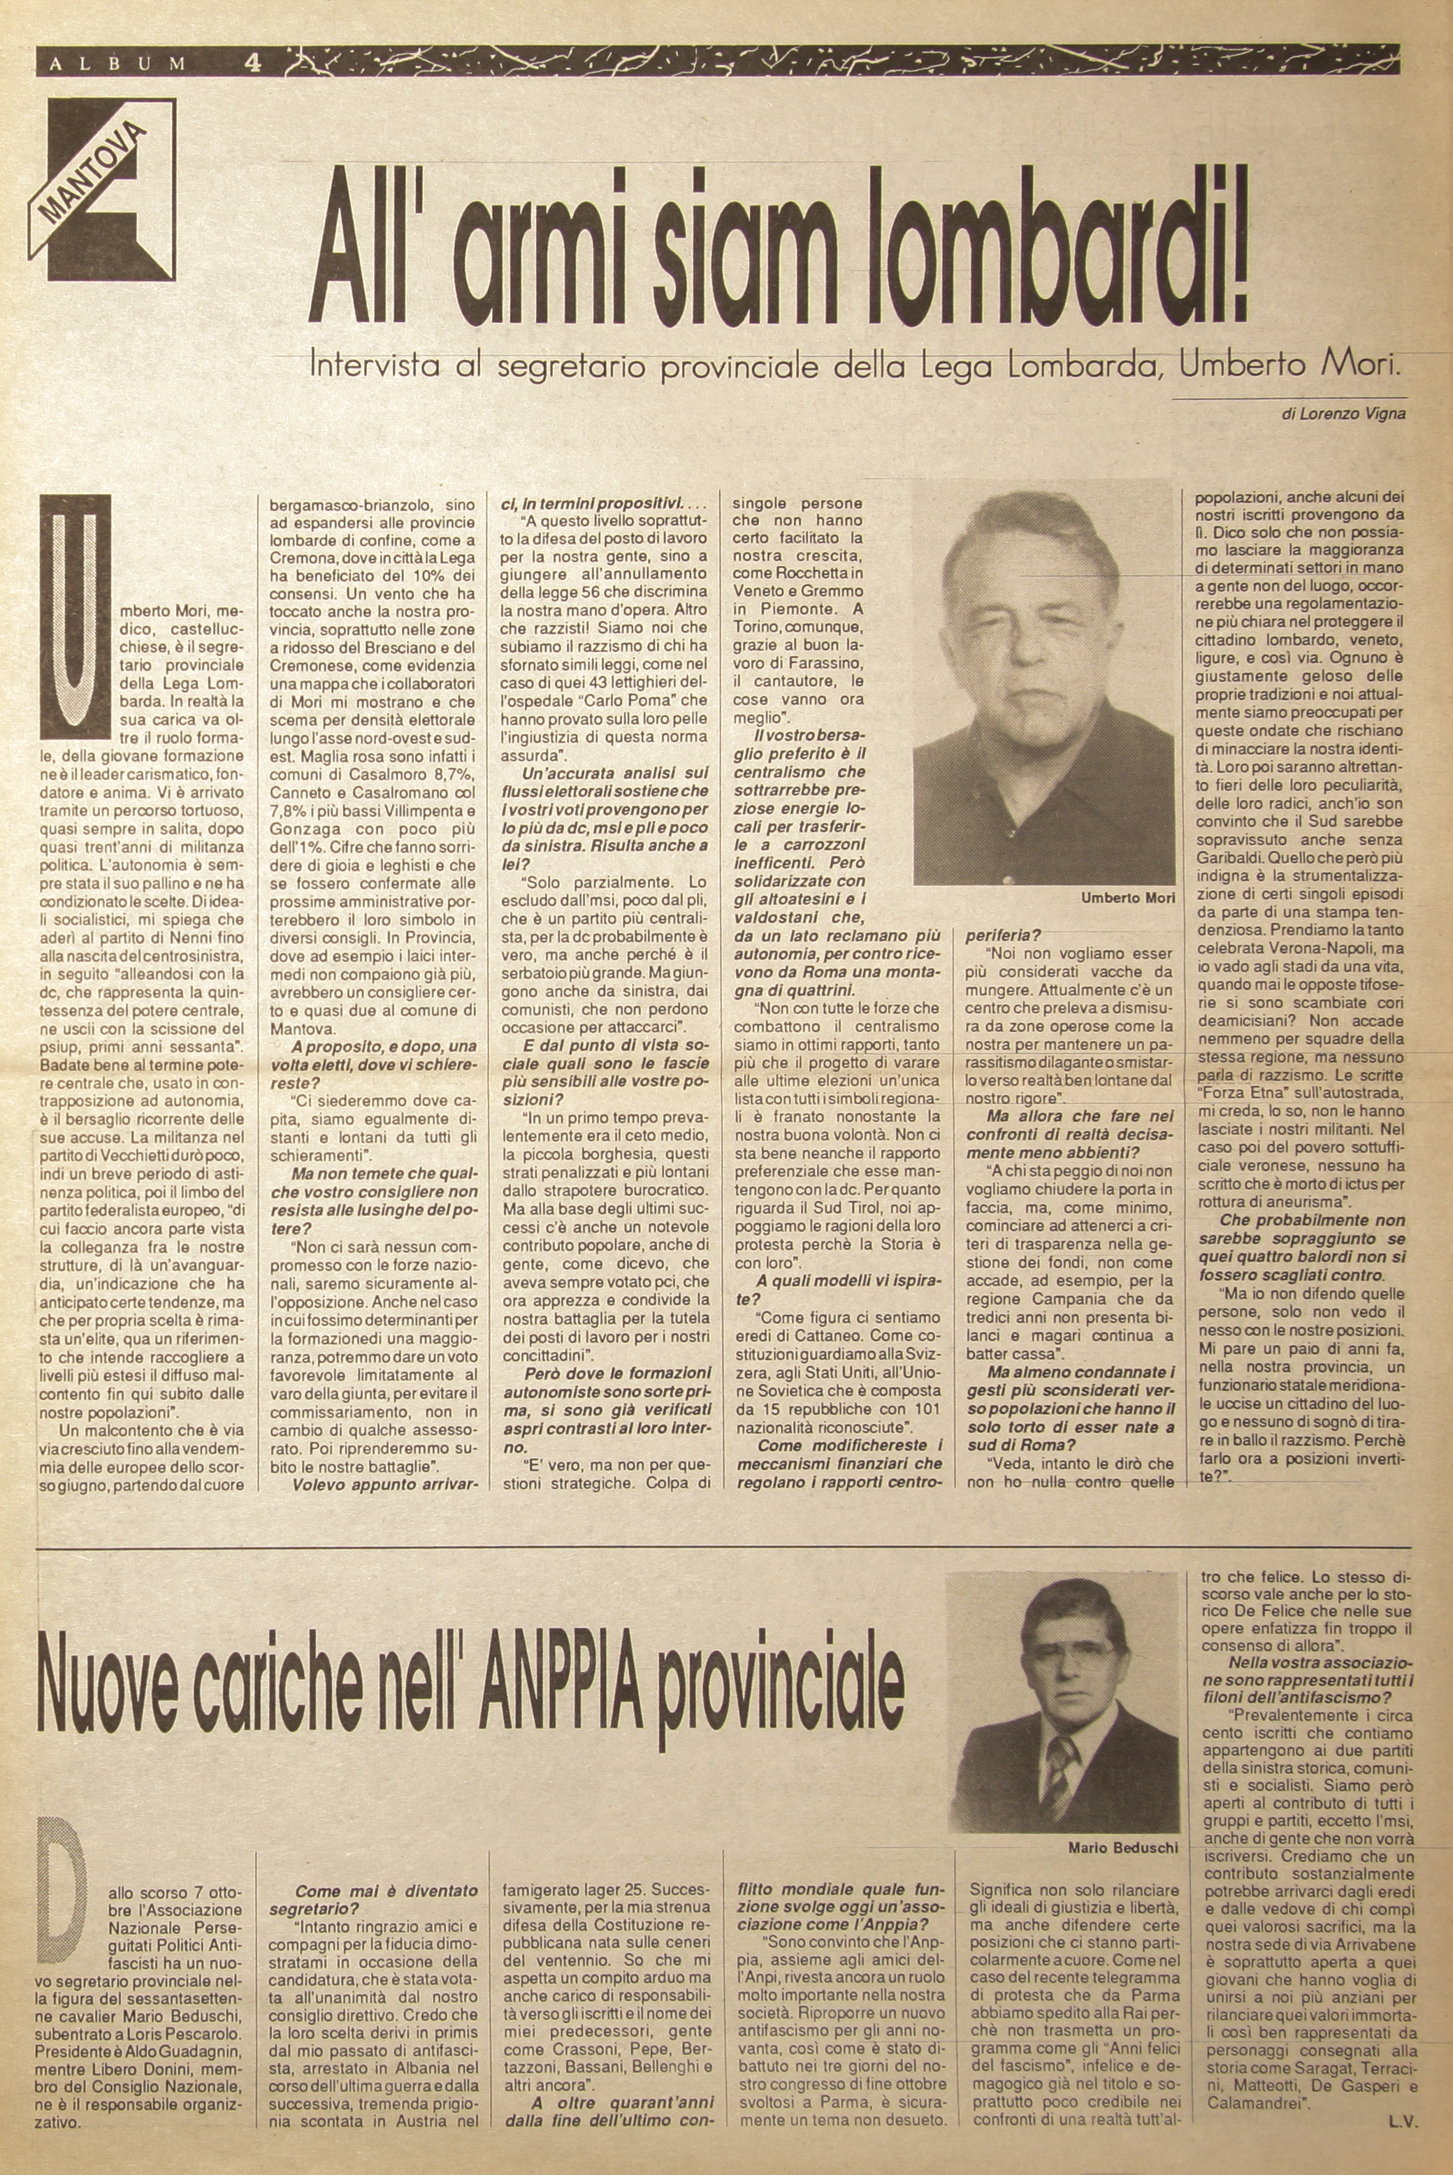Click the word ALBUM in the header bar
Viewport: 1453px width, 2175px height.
coord(116,64)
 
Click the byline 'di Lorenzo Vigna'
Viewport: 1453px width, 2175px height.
coord(1344,414)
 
